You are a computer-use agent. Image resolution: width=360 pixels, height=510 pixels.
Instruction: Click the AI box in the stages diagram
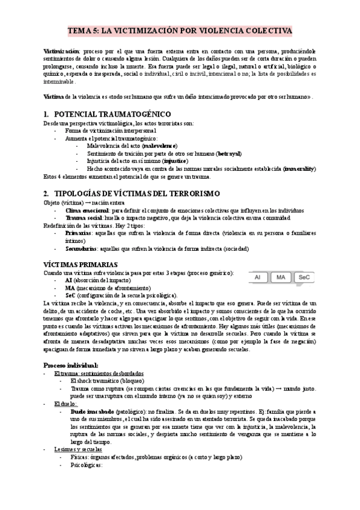257,278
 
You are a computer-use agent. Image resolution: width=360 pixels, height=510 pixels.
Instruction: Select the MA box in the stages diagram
281,278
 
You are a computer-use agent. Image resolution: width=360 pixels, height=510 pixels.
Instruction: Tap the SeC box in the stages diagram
304,278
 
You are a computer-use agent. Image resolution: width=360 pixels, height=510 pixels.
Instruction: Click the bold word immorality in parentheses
299,169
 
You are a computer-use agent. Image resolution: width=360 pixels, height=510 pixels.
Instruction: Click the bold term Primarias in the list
79,232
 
